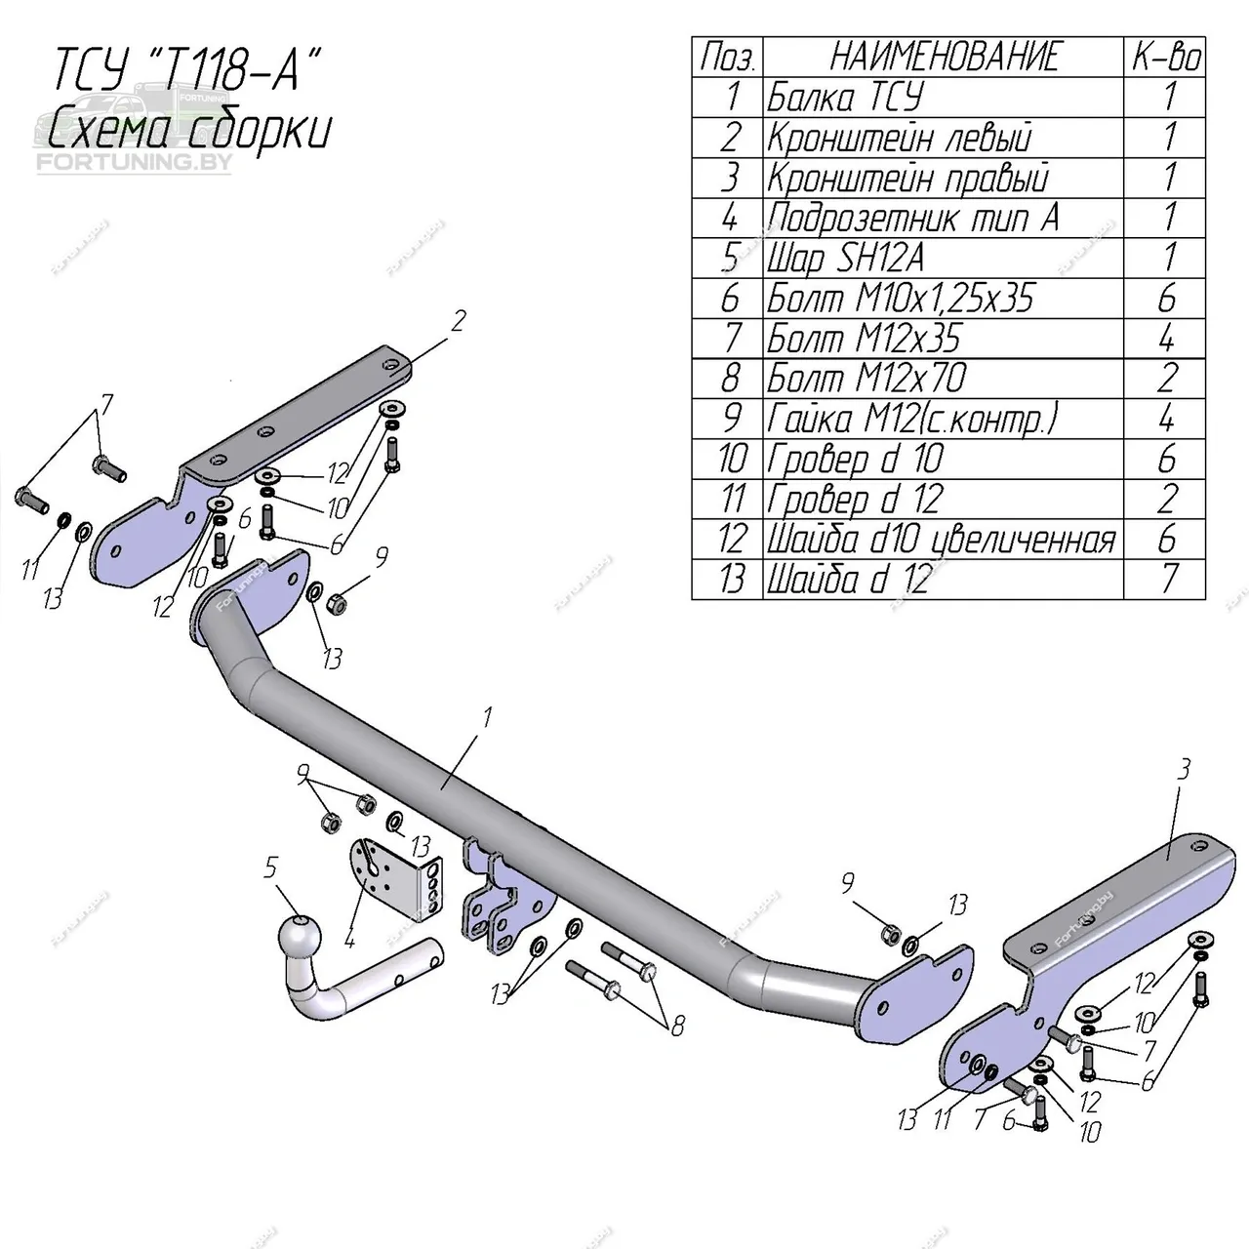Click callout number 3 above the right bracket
pyautogui.click(x=1184, y=770)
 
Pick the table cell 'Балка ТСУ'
pyautogui.click(x=845, y=98)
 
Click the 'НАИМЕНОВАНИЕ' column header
pyautogui.click(x=943, y=57)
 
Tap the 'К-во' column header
pyautogui.click(x=1166, y=57)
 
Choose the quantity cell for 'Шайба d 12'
pyautogui.click(x=1166, y=580)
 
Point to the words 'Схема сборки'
pyautogui.click(x=189, y=129)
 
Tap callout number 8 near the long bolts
pyautogui.click(x=676, y=1026)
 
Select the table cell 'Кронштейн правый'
pyautogui.click(x=907, y=179)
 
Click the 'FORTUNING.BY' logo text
pyautogui.click(x=134, y=161)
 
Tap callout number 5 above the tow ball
pyautogui.click(x=270, y=866)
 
